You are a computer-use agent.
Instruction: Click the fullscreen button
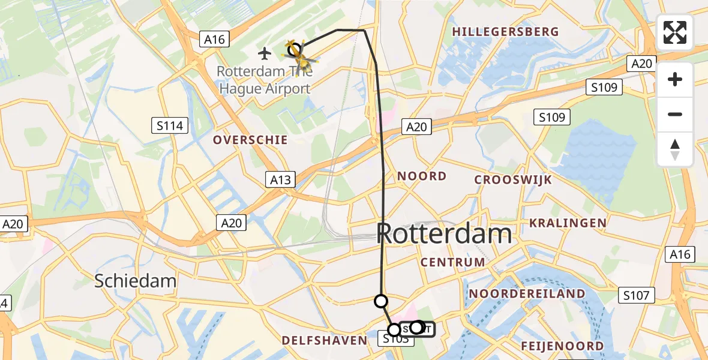point(675,32)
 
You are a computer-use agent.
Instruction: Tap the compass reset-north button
point(675,149)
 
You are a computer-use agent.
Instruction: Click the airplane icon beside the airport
point(264,53)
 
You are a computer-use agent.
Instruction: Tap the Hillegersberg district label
point(505,32)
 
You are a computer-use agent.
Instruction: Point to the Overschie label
point(251,140)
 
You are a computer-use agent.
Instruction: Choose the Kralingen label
point(568,223)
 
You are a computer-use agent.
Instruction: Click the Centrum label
point(452,262)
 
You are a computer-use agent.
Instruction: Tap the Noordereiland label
point(527,293)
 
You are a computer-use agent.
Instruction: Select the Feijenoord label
point(562,346)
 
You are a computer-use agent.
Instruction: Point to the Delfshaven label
point(324,341)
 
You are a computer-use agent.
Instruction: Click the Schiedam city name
point(136,281)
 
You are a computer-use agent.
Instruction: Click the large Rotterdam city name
point(445,234)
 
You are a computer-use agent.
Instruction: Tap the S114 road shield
point(170,126)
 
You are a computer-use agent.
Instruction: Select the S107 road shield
point(636,295)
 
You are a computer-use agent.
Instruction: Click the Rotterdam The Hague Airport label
point(263,80)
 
